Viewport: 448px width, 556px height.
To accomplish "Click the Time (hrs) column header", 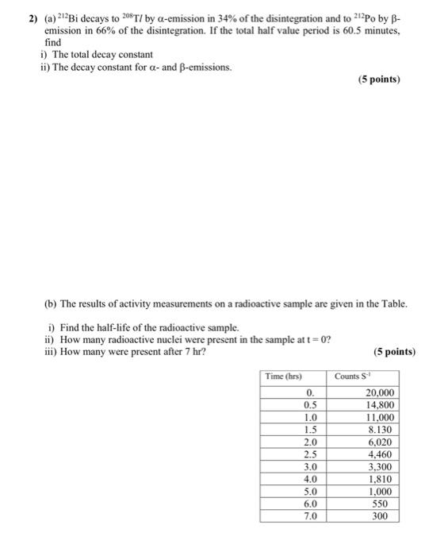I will pos(283,376).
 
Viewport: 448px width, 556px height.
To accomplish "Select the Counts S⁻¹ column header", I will pos(352,376).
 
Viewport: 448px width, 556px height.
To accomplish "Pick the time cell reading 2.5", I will pos(311,454).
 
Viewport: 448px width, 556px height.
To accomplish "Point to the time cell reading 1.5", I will pos(311,430).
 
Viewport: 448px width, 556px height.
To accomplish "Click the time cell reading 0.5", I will pos(311,405).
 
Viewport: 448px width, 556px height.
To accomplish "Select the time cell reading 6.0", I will pos(311,504).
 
